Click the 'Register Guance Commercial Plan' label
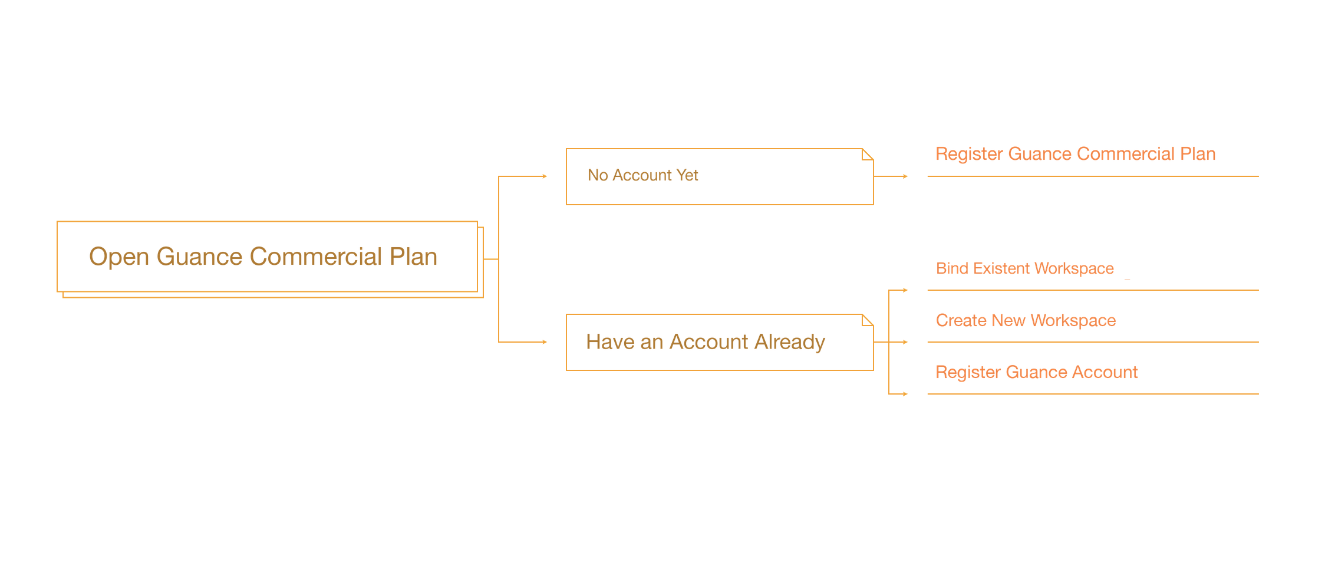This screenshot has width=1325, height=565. pos(1075,154)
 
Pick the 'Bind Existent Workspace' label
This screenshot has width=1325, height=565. pos(1024,268)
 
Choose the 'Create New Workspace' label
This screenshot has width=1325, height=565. pos(1026,320)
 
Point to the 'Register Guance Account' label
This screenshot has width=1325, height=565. pos(1036,372)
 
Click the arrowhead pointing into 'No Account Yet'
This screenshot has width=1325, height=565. pos(545,176)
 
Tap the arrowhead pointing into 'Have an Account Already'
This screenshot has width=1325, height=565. pos(545,342)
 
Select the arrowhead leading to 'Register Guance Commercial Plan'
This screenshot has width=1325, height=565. pos(905,176)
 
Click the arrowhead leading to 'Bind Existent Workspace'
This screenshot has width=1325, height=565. pos(905,290)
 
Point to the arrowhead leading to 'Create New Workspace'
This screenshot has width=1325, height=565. pos(905,342)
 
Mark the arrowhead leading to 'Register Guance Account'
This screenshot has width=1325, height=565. pos(905,394)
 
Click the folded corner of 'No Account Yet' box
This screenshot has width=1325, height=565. pos(868,155)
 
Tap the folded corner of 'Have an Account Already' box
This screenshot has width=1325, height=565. pos(868,320)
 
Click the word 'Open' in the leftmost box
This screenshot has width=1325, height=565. pos(119,257)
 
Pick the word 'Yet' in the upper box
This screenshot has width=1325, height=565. pos(687,175)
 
